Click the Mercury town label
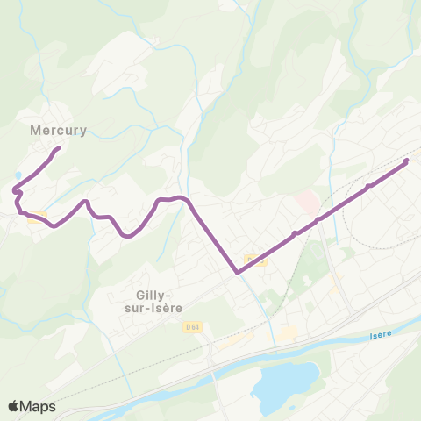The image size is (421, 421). [x=58, y=130]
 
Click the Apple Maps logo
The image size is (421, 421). [x=31, y=407]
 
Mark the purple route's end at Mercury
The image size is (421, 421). [x=58, y=148]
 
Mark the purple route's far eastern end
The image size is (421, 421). [x=406, y=161]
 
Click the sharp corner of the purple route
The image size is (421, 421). [x=238, y=272]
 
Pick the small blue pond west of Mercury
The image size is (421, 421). [x=18, y=175]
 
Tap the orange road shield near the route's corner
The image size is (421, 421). [x=254, y=259]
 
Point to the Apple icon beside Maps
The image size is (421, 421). [x=13, y=406]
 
